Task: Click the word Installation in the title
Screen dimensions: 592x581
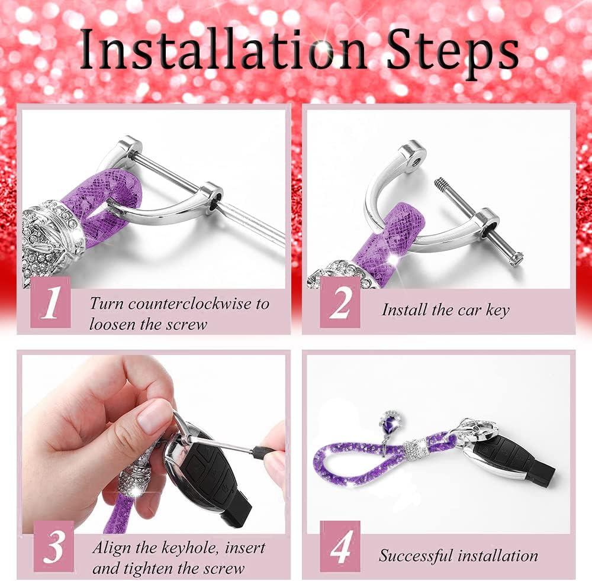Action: (x=223, y=49)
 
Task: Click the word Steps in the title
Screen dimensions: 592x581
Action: (x=453, y=53)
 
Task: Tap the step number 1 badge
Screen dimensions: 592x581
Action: (x=50, y=302)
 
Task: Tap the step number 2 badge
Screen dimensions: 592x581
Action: (x=340, y=302)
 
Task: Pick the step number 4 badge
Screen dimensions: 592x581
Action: (x=340, y=546)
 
